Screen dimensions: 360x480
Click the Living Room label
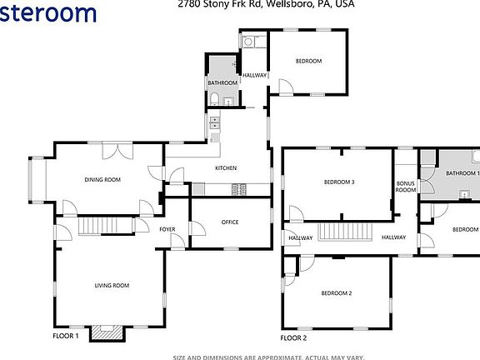click(x=110, y=286)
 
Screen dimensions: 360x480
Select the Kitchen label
click(x=226, y=168)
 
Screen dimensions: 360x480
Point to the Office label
click(x=230, y=222)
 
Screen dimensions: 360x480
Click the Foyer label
click(x=167, y=228)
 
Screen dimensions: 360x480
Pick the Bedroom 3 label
click(x=339, y=182)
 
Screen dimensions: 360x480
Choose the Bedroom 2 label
click(x=337, y=293)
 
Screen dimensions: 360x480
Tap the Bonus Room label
click(x=406, y=186)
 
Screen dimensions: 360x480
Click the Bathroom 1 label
click(x=462, y=173)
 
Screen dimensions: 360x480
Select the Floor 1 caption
click(x=65, y=336)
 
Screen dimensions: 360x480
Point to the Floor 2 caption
click(x=293, y=337)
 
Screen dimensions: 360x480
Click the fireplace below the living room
click(x=107, y=332)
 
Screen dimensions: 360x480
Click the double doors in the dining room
click(x=118, y=152)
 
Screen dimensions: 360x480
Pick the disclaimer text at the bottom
click(x=268, y=356)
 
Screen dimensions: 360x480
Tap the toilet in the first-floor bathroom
click(x=216, y=100)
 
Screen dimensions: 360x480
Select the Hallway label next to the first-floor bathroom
click(x=255, y=76)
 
